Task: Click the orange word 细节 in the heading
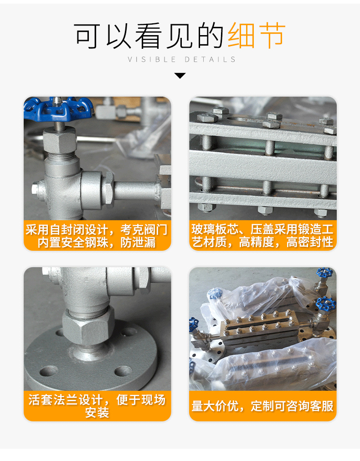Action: (x=257, y=35)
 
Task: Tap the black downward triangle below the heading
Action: (x=180, y=75)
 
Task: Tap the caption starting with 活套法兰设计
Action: (x=97, y=406)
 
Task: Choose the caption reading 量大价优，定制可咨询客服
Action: (x=262, y=406)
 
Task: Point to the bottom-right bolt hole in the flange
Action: (x=123, y=370)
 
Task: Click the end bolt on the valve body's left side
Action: (x=36, y=187)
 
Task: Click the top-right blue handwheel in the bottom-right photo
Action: (x=324, y=274)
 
